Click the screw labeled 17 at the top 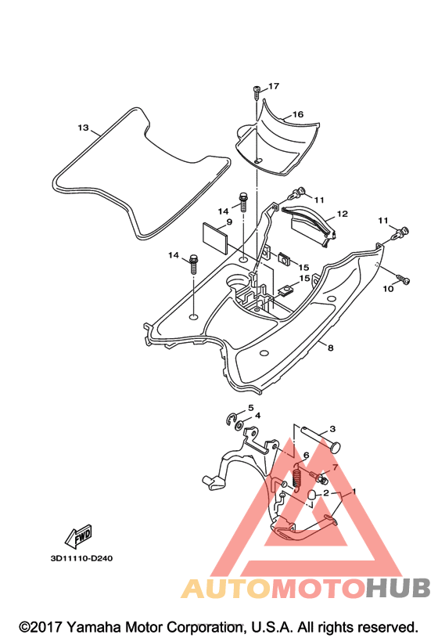257,92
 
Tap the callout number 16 298,114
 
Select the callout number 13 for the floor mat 83,128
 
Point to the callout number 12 343,214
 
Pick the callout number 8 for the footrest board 331,348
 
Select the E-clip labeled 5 232,419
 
